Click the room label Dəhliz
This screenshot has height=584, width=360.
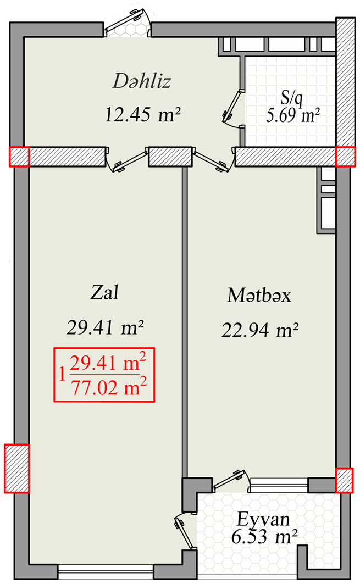click(x=142, y=81)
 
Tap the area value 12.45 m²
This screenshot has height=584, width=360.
click(x=143, y=114)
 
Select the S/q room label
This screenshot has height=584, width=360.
click(x=292, y=98)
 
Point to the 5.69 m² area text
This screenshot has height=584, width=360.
click(x=293, y=115)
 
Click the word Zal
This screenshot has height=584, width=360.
click(x=105, y=292)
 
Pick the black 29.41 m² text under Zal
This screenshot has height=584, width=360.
click(x=106, y=327)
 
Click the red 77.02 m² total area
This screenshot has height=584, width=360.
click(x=108, y=388)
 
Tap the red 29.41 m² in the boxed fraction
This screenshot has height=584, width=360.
click(x=108, y=363)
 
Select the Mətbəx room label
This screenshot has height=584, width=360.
click(x=259, y=295)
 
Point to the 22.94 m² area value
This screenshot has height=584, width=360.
click(x=260, y=330)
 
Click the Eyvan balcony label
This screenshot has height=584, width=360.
click(x=263, y=519)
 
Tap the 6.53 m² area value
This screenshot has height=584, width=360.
click(x=264, y=537)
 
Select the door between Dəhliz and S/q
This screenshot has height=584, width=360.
click(x=233, y=109)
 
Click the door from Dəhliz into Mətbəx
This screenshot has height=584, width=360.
click(x=214, y=160)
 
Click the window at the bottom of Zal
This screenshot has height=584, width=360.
click(x=106, y=570)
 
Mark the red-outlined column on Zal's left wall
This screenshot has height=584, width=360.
click(x=17, y=468)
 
